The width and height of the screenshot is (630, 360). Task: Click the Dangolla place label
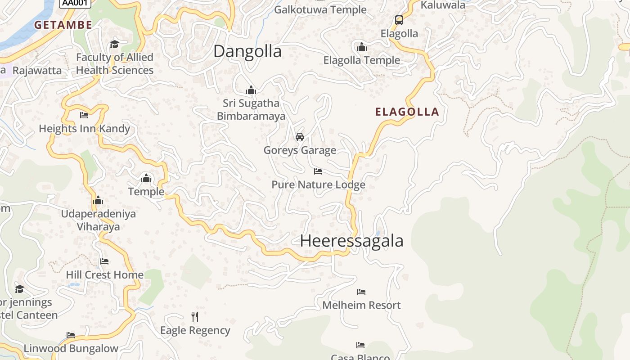tap(247, 51)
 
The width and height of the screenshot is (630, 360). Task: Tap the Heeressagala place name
tap(351, 241)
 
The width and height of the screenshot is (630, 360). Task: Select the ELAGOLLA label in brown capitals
tap(407, 112)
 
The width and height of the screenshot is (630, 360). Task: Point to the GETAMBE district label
tap(63, 25)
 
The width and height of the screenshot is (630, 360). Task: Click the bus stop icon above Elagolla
tap(399, 20)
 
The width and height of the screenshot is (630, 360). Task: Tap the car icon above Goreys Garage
tap(300, 136)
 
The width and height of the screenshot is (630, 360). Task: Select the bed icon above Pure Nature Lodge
tap(318, 171)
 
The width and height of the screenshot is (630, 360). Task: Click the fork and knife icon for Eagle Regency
tap(195, 316)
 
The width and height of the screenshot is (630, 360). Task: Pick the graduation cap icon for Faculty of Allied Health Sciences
tap(114, 44)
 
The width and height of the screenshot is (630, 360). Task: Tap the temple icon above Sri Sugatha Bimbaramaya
tap(251, 90)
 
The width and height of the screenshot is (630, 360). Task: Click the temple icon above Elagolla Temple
tap(362, 47)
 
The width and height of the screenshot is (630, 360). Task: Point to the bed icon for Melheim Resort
tap(361, 292)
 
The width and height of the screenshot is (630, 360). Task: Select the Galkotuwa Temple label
tap(320, 9)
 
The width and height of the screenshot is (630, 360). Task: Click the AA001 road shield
tap(75, 3)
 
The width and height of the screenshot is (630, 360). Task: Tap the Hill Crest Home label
tap(105, 274)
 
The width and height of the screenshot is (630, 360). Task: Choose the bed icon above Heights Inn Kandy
tap(84, 115)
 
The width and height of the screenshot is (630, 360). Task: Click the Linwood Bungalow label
tap(71, 348)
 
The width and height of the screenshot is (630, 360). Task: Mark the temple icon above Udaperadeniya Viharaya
tap(98, 200)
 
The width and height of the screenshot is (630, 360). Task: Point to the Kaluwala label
tap(443, 5)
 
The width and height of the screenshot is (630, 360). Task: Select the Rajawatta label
tap(37, 71)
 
